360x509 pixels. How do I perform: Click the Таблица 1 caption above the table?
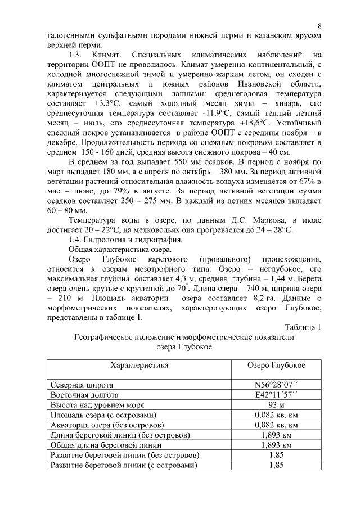[303, 328]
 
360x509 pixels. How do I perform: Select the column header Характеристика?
[139, 366]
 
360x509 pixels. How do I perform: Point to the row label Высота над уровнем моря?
[97, 405]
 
